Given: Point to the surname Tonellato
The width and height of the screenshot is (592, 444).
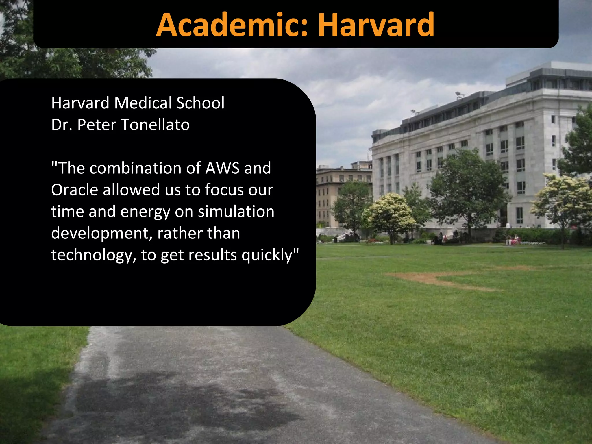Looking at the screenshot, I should point(155,125).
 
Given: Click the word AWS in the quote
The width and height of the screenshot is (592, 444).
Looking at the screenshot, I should point(222,168).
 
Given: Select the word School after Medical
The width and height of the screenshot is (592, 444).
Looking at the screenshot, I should point(200,103).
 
